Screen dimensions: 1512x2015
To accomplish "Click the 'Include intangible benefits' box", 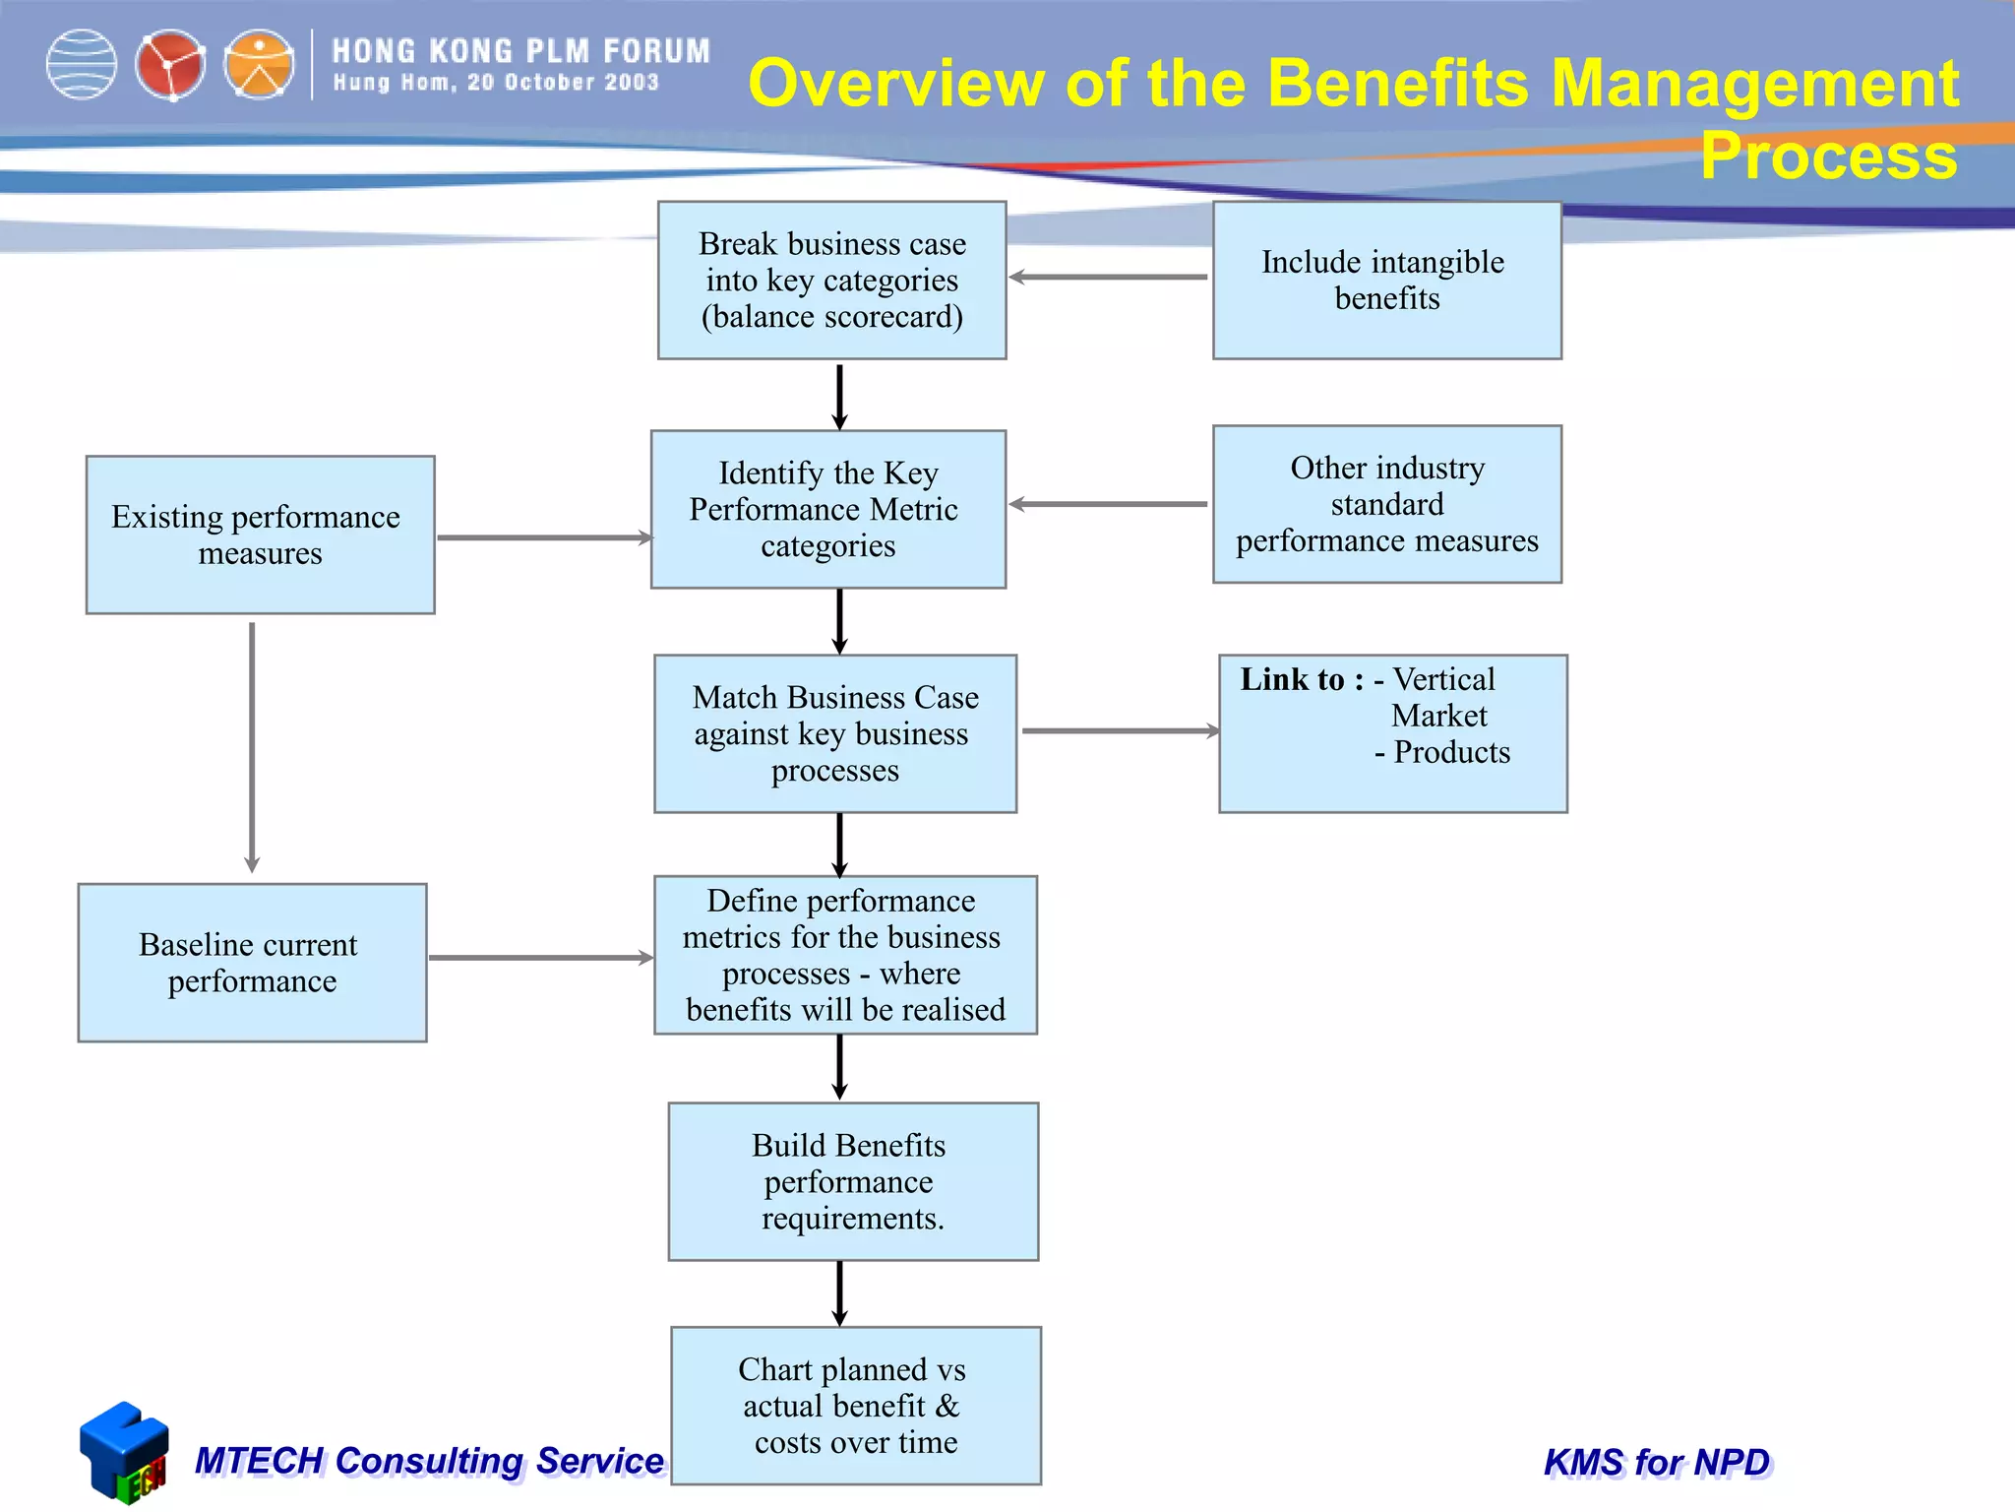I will coord(1386,281).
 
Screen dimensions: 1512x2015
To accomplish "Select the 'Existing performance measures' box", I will coord(260,535).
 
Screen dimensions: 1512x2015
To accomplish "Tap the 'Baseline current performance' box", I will coord(252,963).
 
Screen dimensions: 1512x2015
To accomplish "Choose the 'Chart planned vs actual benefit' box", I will coord(855,1405).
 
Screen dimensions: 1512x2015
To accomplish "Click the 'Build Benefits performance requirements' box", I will coord(853,1181).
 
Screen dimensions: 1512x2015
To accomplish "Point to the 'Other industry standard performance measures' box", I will coord(1386,504).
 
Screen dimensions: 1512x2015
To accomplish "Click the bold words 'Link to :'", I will coord(1301,679).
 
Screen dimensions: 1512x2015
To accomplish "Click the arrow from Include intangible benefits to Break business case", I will coord(1109,278).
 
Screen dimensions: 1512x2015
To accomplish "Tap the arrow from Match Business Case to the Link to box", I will coord(1120,731).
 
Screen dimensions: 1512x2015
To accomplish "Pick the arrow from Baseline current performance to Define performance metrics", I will coord(540,957).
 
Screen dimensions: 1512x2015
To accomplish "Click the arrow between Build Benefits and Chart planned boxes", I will coord(839,1292).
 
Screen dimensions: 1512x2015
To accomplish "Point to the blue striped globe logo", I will coord(82,65).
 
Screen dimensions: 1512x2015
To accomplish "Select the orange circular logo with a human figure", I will coord(259,65).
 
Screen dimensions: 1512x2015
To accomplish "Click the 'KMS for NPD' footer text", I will coord(1657,1462).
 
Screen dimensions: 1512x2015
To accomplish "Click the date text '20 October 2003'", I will coord(563,83).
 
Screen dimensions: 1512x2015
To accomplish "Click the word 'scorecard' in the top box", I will coord(888,317).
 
